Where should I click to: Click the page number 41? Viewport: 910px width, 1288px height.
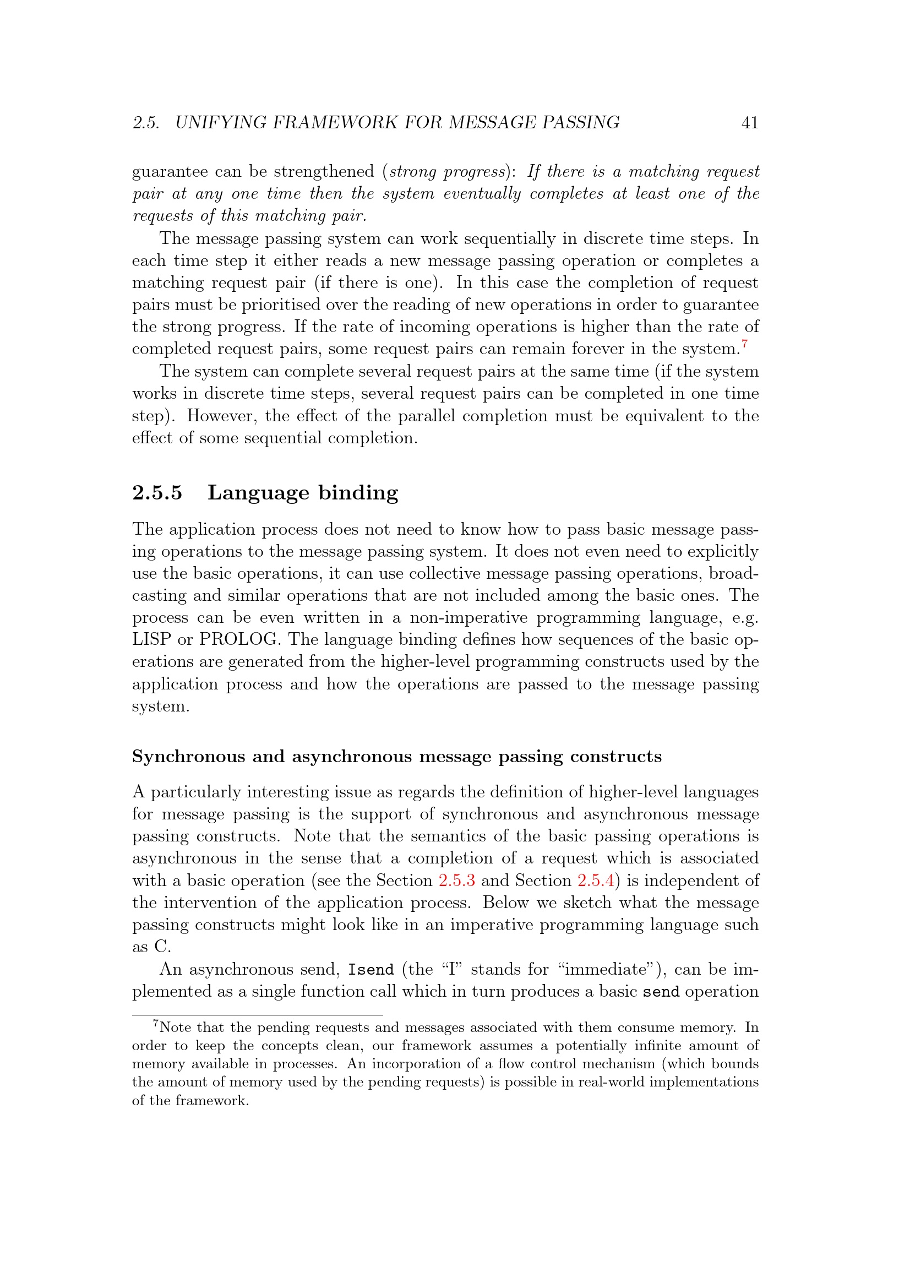750,122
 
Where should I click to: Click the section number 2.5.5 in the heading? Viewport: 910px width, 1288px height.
157,492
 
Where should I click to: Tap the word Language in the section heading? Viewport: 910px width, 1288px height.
258,492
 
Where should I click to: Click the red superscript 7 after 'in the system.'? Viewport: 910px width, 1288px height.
744,343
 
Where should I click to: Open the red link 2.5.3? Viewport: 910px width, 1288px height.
456,880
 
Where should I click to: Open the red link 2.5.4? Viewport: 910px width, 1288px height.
596,880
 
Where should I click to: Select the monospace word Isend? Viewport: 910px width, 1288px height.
370,970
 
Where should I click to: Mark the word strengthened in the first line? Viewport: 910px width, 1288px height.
324,172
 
